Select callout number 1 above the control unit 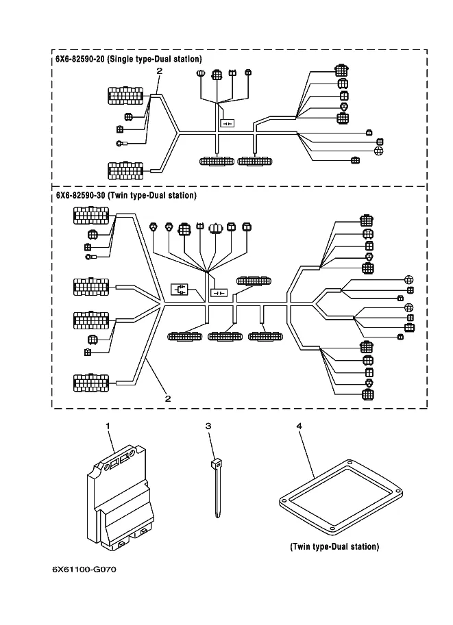click(x=108, y=426)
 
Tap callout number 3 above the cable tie click(x=208, y=426)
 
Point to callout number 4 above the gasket click(x=299, y=426)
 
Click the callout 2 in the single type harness click(x=159, y=71)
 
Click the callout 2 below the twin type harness click(x=167, y=398)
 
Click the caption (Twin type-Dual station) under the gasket click(x=334, y=546)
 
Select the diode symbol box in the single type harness click(x=227, y=123)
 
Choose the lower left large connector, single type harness click(x=125, y=168)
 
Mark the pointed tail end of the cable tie click(x=217, y=515)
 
